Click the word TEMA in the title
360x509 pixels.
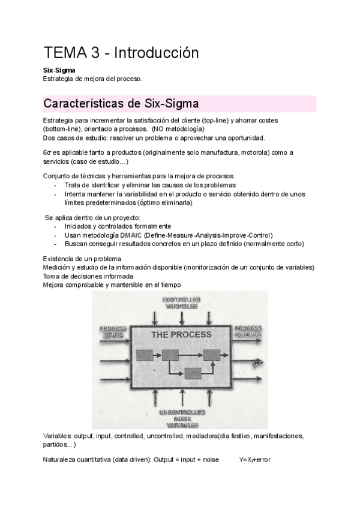(64, 53)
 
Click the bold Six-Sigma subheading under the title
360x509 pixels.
(58, 70)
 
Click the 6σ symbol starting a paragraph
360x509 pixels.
(48, 152)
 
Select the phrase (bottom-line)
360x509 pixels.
(62, 129)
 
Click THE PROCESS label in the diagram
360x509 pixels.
(181, 334)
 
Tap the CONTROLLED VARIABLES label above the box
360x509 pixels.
(180, 303)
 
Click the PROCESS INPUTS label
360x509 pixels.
(113, 331)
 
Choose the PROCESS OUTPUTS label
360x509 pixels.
(248, 331)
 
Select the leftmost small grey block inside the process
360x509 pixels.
(145, 355)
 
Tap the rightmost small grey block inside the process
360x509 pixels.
(212, 355)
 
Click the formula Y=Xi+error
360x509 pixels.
(255, 460)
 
